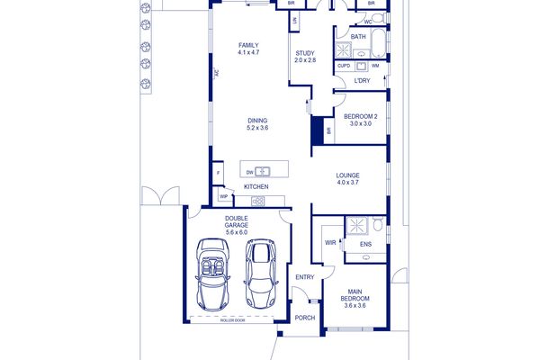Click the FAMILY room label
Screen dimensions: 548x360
248,49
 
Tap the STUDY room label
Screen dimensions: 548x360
305,57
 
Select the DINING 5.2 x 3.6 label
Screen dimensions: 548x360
257,124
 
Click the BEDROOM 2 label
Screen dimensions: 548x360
360,120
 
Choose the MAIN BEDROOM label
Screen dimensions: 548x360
355,298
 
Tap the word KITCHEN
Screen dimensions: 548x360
256,186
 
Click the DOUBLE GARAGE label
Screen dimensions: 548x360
237,225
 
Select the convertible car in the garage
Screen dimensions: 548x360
212,274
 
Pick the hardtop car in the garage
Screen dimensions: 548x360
261,274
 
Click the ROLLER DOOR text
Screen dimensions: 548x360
232,320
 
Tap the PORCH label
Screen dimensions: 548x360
305,318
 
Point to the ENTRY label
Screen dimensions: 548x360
305,277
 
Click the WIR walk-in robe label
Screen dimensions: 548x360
330,243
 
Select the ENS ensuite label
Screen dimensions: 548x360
365,244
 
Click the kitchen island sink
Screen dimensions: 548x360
262,172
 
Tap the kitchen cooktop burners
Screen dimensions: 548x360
258,201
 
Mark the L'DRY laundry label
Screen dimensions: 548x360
362,80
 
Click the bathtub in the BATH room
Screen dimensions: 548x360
378,43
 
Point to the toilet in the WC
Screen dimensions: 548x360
378,18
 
